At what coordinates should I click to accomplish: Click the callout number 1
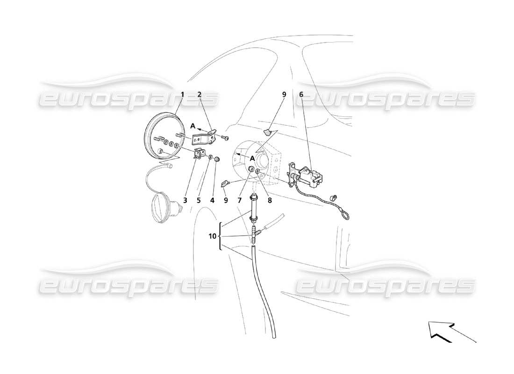[x=182, y=94]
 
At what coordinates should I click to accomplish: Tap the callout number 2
[x=199, y=94]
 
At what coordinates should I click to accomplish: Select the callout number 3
[x=185, y=200]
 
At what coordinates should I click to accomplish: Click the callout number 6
[x=301, y=94]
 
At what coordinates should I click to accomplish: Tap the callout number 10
[x=213, y=237]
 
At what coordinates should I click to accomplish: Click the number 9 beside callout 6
[x=284, y=94]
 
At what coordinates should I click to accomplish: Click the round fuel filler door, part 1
[x=159, y=136]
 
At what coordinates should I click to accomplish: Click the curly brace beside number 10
[x=220, y=237]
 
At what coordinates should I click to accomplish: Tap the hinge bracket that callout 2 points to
[x=203, y=139]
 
